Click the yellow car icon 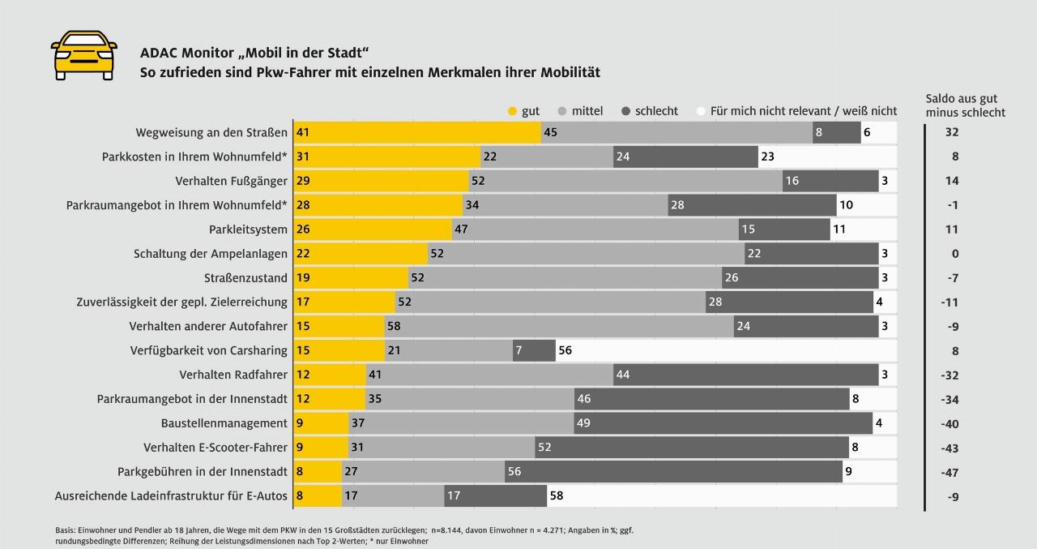83,55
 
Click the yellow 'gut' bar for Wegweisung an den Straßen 416,132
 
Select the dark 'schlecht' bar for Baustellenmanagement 723,423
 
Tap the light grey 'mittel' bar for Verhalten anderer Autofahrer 559,326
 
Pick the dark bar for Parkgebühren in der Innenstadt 672,472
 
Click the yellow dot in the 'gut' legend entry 511,111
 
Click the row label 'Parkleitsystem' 248,229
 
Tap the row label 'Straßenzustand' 245,278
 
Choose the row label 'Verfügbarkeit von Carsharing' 208,350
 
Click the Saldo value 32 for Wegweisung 952,132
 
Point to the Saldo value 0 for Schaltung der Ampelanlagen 955,254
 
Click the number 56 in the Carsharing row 565,350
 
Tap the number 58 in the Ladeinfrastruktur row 557,496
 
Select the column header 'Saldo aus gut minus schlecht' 965,105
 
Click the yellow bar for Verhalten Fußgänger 381,181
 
